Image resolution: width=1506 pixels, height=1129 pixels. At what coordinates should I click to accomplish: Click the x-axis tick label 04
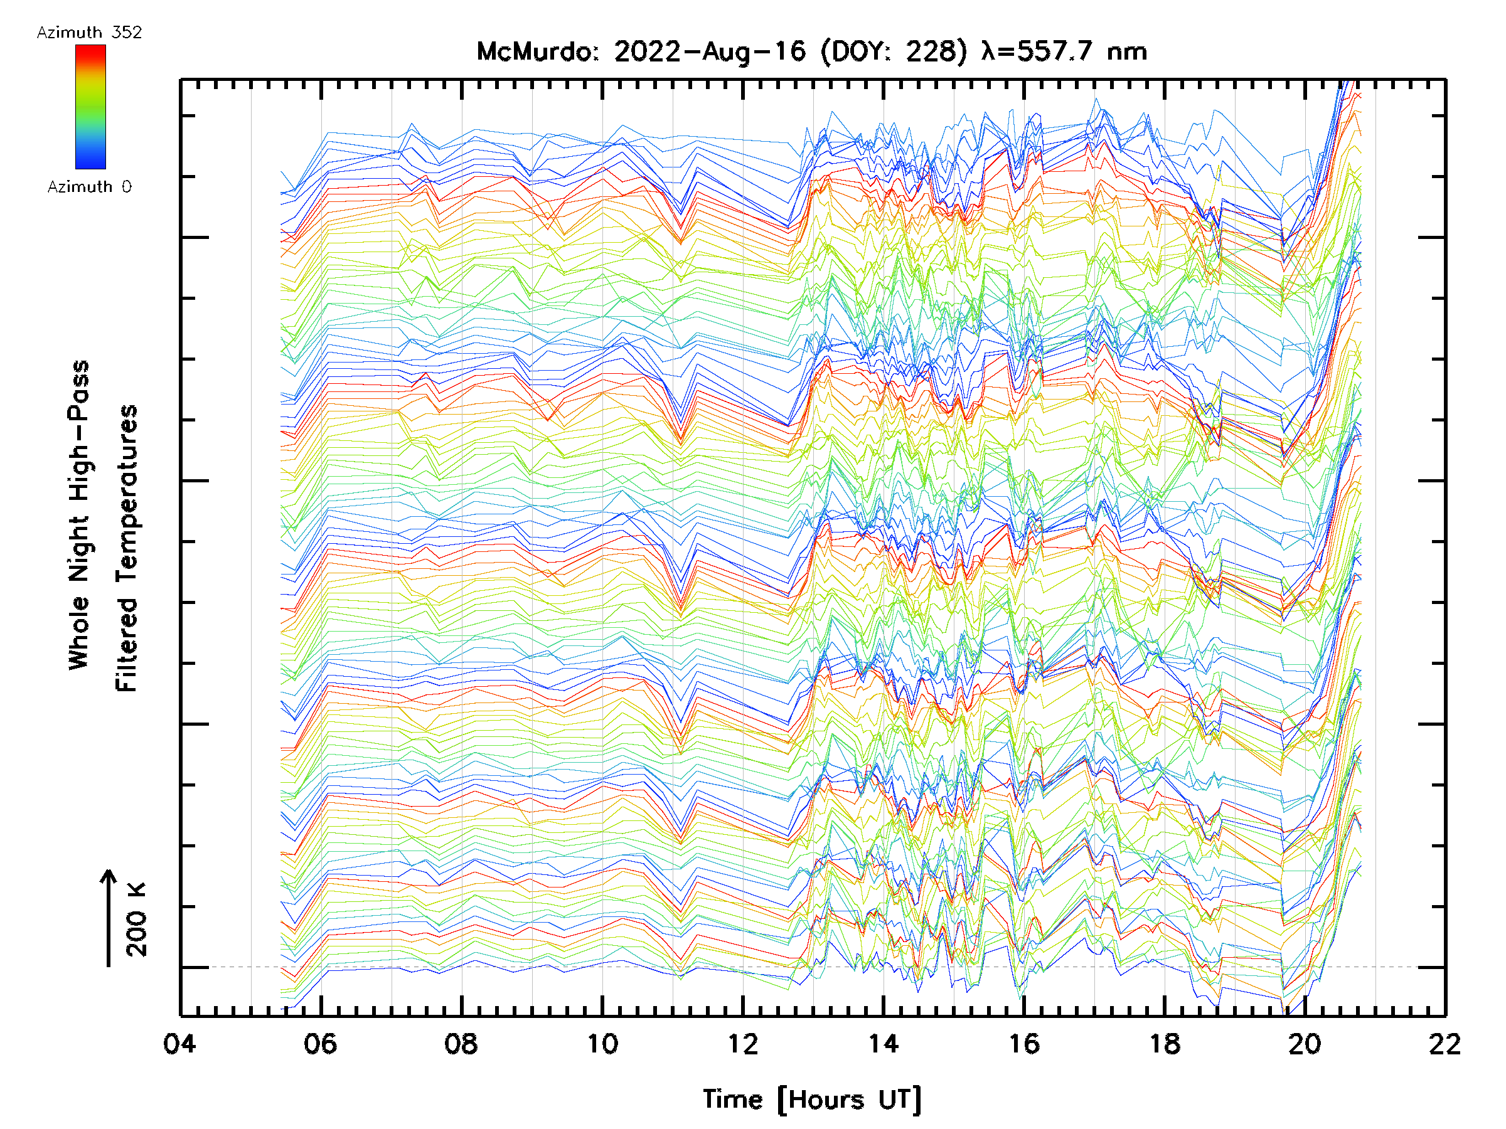pyautogui.click(x=179, y=1044)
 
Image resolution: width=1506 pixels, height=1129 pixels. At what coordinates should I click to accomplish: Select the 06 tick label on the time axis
pyautogui.click(x=320, y=1044)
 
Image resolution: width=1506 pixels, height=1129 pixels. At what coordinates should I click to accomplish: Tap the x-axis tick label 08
pyautogui.click(x=461, y=1044)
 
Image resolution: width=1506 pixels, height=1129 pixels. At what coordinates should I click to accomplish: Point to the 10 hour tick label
pyautogui.click(x=602, y=1044)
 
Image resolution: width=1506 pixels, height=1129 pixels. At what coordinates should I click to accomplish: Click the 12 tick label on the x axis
pyautogui.click(x=743, y=1044)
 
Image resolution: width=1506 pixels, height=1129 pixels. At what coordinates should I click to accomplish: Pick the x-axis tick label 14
pyautogui.click(x=883, y=1044)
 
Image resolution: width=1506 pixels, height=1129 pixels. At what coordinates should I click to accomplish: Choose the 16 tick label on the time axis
pyautogui.click(x=1024, y=1044)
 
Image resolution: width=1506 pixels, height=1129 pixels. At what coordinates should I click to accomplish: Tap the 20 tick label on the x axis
pyautogui.click(x=1305, y=1044)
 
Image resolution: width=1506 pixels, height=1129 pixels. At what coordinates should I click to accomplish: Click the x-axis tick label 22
pyautogui.click(x=1445, y=1044)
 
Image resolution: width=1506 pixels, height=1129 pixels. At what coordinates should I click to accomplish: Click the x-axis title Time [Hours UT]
pyautogui.click(x=812, y=1100)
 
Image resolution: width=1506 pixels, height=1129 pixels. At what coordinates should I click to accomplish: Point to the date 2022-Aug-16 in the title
pyautogui.click(x=710, y=51)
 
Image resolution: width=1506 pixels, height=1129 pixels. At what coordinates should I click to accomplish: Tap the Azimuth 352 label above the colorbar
pyautogui.click(x=89, y=33)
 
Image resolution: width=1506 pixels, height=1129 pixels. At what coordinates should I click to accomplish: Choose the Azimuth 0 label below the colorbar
pyautogui.click(x=89, y=186)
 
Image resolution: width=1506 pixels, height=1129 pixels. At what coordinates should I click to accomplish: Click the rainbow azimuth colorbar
pyautogui.click(x=90, y=107)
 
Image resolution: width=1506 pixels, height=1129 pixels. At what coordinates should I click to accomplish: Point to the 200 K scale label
pyautogui.click(x=136, y=920)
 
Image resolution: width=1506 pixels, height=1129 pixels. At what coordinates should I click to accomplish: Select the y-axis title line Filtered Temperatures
pyautogui.click(x=127, y=549)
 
